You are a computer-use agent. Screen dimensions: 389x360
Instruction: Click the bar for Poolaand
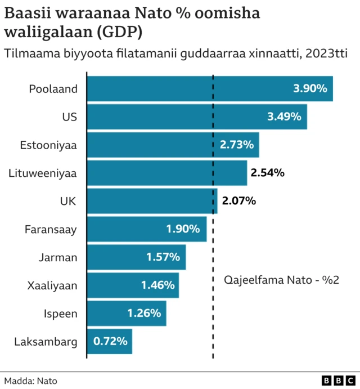(x=209, y=88)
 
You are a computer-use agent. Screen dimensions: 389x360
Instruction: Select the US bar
(x=197, y=117)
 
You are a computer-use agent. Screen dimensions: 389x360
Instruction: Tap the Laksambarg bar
(x=110, y=341)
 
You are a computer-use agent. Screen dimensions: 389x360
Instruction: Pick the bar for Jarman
(x=136, y=257)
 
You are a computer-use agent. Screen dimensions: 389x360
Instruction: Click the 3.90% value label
(x=310, y=88)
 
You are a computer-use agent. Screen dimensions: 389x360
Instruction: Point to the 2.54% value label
(x=267, y=173)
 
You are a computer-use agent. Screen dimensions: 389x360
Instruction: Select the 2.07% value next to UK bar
(x=239, y=200)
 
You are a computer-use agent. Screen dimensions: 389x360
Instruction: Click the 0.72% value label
(x=110, y=341)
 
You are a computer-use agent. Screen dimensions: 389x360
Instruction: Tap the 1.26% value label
(x=144, y=313)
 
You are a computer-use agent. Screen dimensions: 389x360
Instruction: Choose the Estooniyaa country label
(x=48, y=145)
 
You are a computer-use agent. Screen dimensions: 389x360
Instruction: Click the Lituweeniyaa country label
(x=43, y=173)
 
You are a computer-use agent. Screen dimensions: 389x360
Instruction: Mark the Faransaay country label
(x=51, y=229)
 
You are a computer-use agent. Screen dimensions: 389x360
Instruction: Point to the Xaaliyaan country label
(x=52, y=285)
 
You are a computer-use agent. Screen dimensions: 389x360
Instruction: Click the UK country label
(x=68, y=201)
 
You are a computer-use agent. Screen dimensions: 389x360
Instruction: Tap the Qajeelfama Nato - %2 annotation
(x=281, y=280)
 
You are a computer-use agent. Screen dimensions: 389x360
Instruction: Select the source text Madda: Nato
(x=30, y=381)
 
